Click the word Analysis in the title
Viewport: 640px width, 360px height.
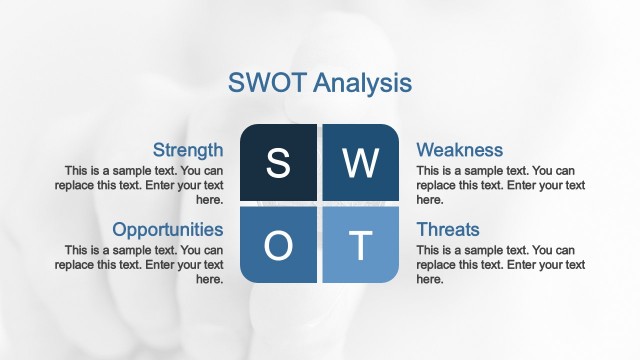(360, 82)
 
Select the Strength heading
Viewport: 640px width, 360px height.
(188, 150)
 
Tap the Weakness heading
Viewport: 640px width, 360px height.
(459, 150)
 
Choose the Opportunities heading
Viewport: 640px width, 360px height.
(168, 229)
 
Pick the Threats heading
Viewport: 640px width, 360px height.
(448, 229)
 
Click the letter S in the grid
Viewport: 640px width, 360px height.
(278, 163)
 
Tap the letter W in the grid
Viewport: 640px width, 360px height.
(360, 163)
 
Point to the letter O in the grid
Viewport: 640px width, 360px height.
(278, 244)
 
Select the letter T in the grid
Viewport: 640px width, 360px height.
(360, 244)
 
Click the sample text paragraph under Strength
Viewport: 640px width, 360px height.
(144, 185)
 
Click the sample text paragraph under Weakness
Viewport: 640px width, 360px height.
(495, 185)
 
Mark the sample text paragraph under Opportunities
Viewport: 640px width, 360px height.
(144, 264)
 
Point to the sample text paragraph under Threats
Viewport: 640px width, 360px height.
(495, 264)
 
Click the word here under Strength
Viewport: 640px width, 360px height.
(210, 199)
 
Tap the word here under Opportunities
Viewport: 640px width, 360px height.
(210, 279)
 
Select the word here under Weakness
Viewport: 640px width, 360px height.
(429, 199)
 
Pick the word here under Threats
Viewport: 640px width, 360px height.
(429, 279)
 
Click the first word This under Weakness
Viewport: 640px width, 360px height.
(429, 170)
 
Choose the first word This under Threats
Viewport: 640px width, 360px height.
(429, 250)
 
